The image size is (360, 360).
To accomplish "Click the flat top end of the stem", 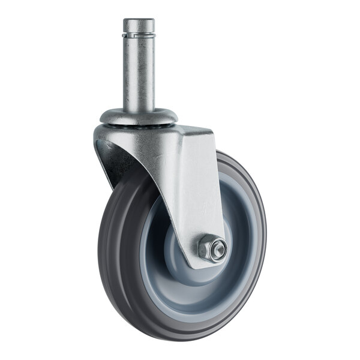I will [x=139, y=21].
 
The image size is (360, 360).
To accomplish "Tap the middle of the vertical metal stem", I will [x=139, y=72].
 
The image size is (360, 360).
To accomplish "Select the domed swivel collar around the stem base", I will [x=138, y=115].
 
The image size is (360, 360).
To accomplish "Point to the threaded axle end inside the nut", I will [x=218, y=248].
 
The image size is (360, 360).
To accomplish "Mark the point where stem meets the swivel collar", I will [x=139, y=108].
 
